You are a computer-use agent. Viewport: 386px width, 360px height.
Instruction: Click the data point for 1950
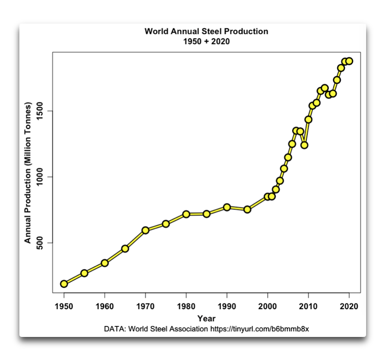pyautogui.click(x=64, y=283)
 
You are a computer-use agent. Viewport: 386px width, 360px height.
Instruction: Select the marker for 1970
pyautogui.click(x=146, y=230)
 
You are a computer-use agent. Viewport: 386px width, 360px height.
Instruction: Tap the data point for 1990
pyautogui.click(x=227, y=207)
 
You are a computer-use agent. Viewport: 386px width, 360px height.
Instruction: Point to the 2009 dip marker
pyautogui.click(x=304, y=145)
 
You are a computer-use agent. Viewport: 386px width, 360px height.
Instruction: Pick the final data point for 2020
pyautogui.click(x=349, y=61)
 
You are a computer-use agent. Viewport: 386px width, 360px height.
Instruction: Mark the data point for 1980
pyautogui.click(x=186, y=214)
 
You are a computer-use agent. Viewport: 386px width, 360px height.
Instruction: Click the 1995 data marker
pyautogui.click(x=247, y=210)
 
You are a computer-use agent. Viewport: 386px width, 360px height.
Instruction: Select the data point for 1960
pyautogui.click(x=105, y=263)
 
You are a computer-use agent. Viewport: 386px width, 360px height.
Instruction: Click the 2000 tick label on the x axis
pyautogui.click(x=268, y=307)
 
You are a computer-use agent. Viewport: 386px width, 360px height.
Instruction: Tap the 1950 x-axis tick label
pyautogui.click(x=64, y=307)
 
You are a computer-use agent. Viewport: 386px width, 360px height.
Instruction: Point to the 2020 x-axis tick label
pyautogui.click(x=349, y=307)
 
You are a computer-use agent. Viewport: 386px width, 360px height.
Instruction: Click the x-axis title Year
pyautogui.click(x=206, y=318)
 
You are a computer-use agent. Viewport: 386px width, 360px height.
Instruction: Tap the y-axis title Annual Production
pyautogui.click(x=28, y=173)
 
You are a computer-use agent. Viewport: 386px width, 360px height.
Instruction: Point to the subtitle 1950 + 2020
pyautogui.click(x=206, y=41)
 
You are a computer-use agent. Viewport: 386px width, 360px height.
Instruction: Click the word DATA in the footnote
pyautogui.click(x=114, y=330)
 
